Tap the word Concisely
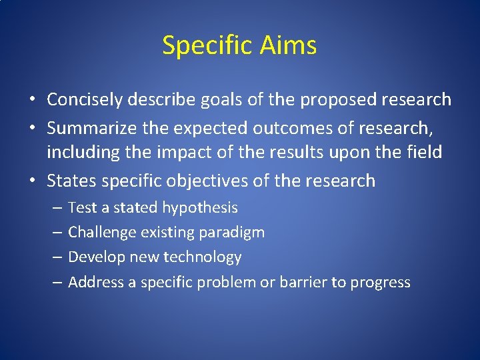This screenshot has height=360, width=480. tap(85, 100)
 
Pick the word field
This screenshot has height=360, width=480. tap(424, 152)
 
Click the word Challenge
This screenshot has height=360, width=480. tap(99, 233)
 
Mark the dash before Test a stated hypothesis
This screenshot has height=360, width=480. tap(57, 208)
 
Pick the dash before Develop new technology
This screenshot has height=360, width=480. tap(57, 257)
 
